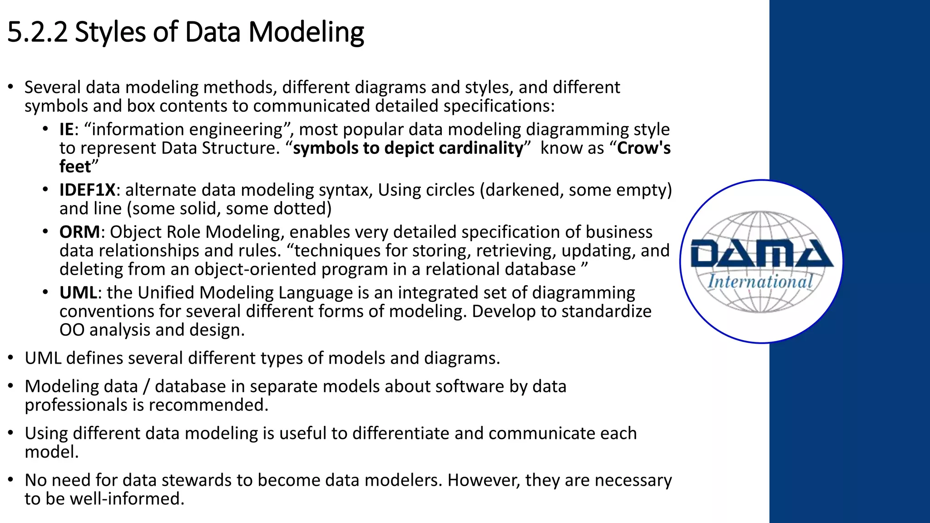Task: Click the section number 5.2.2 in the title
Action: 37,32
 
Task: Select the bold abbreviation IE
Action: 66,130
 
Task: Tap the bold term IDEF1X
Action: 87,190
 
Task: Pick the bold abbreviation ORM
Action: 79,232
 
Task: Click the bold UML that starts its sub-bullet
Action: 78,293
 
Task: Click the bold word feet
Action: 75,167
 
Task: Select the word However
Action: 484,480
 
